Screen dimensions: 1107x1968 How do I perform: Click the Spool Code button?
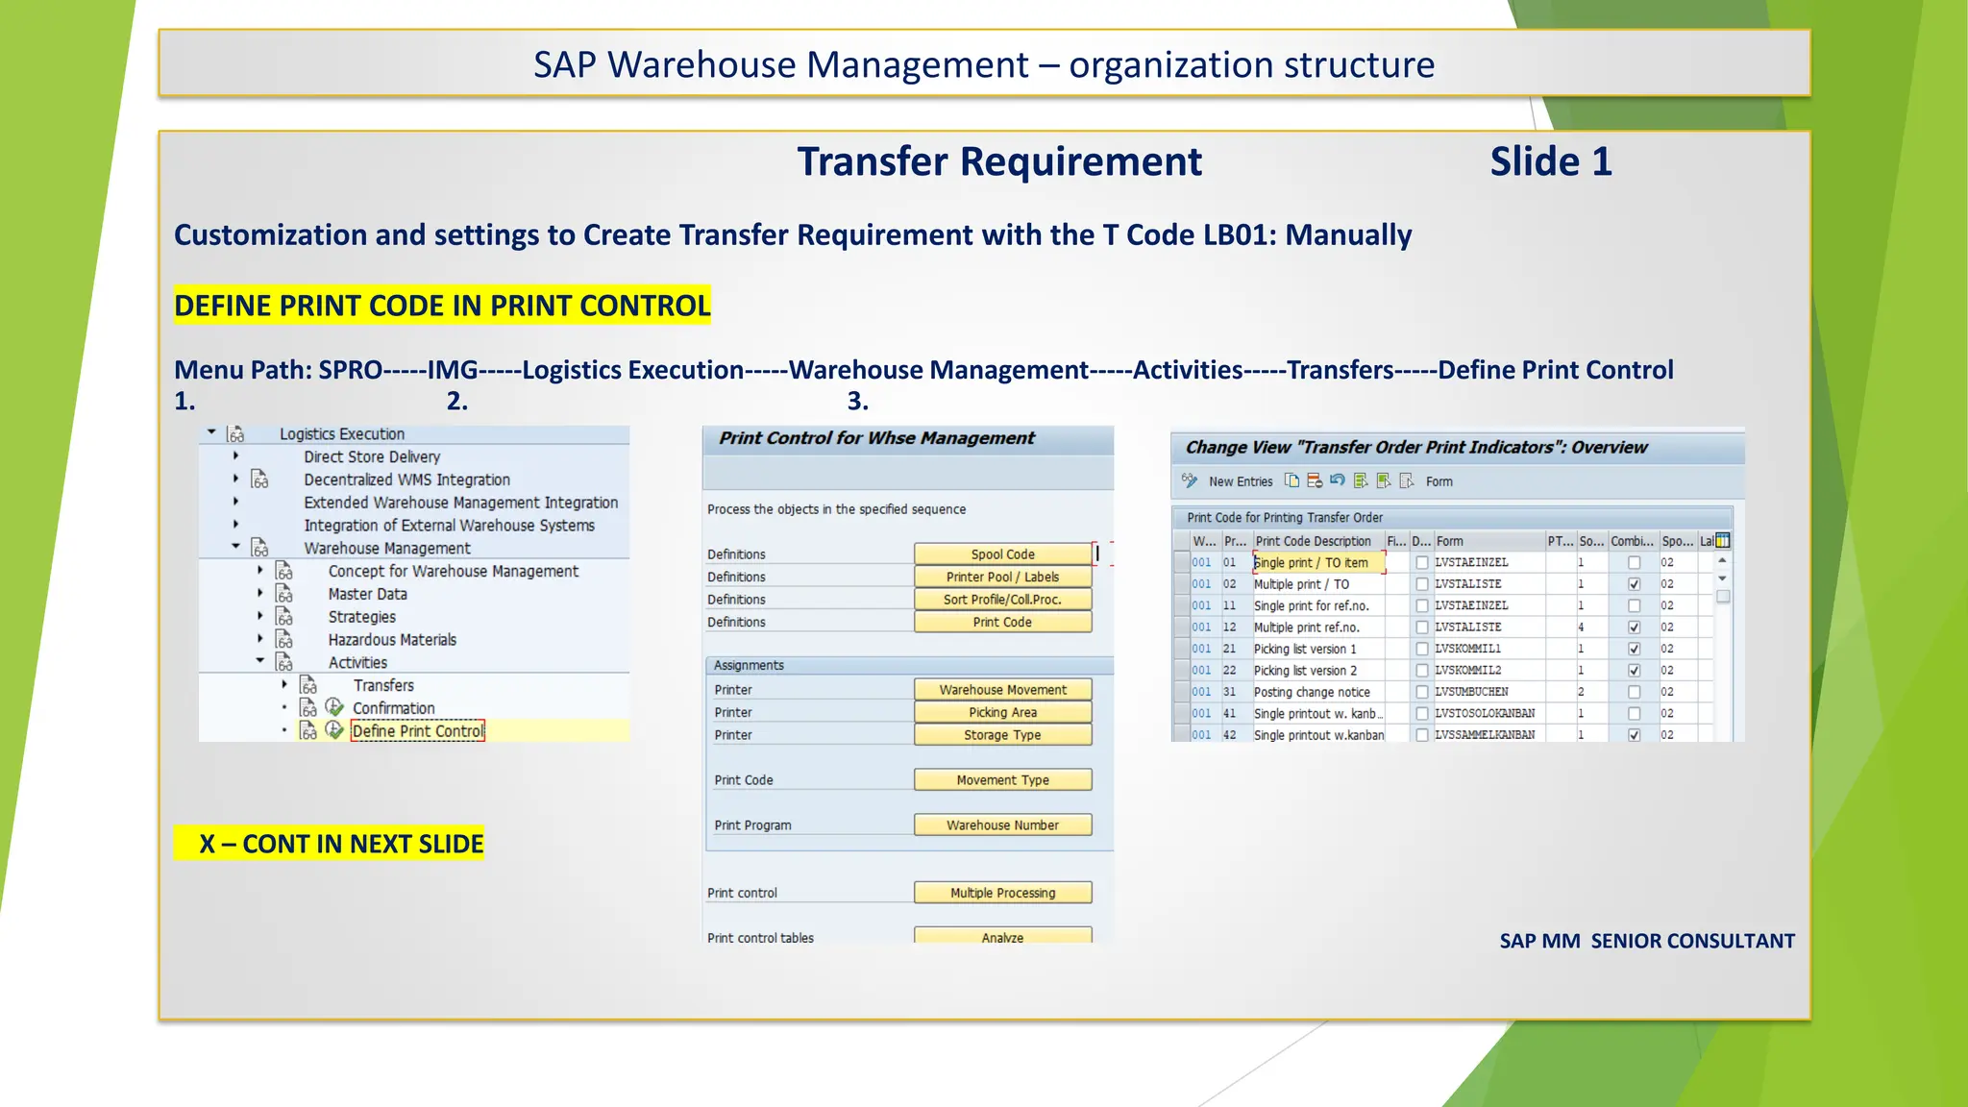coord(1002,554)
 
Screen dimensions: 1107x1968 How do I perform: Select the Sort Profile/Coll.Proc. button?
coord(1002,600)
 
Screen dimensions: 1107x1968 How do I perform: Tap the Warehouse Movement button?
coord(1002,690)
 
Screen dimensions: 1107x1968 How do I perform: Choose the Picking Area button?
coord(1002,712)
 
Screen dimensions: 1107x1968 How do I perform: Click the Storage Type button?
coord(1002,735)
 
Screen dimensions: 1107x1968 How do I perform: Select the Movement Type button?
coord(1002,780)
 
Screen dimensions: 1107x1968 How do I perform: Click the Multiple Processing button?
coord(1002,893)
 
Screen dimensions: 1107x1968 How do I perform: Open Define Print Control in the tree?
coord(418,731)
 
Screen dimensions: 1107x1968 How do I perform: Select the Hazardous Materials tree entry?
coord(392,640)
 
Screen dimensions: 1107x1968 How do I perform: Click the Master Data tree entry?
coord(367,595)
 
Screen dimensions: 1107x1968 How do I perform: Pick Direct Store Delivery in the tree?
coord(372,457)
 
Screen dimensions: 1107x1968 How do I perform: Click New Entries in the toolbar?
coord(1240,481)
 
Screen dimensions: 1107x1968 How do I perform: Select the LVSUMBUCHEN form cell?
coord(1471,692)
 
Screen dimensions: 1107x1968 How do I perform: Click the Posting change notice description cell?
coord(1312,692)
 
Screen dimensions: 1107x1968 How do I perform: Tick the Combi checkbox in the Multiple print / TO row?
coord(1634,584)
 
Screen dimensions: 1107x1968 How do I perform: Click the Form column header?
coord(1450,541)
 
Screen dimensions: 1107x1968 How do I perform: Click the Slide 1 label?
coord(1550,161)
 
